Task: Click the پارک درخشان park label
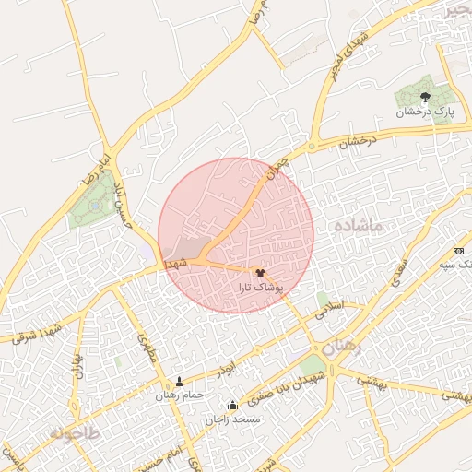click(426, 112)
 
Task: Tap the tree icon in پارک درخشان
click(425, 96)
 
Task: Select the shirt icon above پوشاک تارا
click(259, 272)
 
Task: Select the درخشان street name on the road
click(358, 143)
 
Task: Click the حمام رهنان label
click(179, 395)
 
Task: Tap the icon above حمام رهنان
click(179, 381)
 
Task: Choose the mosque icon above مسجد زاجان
click(232, 405)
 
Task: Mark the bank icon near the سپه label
click(459, 252)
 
